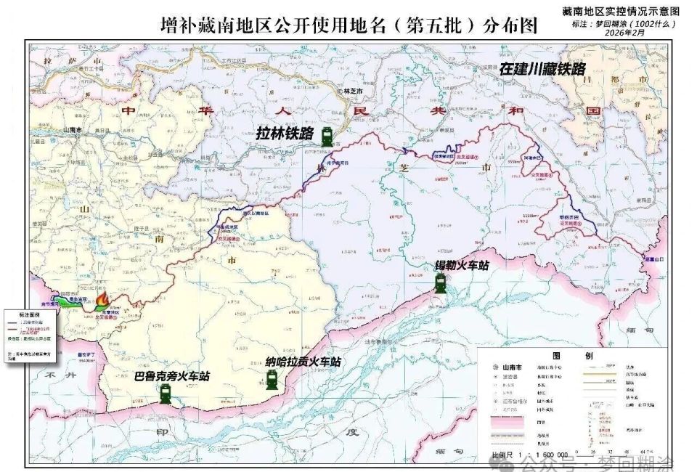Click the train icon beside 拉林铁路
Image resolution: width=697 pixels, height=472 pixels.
coord(328,134)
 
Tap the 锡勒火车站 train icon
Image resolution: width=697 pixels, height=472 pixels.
coord(441,282)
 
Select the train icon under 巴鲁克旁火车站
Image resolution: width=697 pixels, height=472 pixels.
coord(166,394)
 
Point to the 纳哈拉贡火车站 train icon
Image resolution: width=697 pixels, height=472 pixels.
coord(272,378)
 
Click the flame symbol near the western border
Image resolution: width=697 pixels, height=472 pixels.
coord(105,300)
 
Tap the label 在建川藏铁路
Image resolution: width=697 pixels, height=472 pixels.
coord(542,69)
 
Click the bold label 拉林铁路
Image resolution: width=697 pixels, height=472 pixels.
coord(285,134)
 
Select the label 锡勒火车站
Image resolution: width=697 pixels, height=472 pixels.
coord(462,266)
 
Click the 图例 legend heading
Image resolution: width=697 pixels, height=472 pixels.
coord(566,357)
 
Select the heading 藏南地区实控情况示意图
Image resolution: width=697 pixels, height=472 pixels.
coord(621,12)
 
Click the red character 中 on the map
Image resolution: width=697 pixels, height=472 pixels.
coord(129,111)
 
